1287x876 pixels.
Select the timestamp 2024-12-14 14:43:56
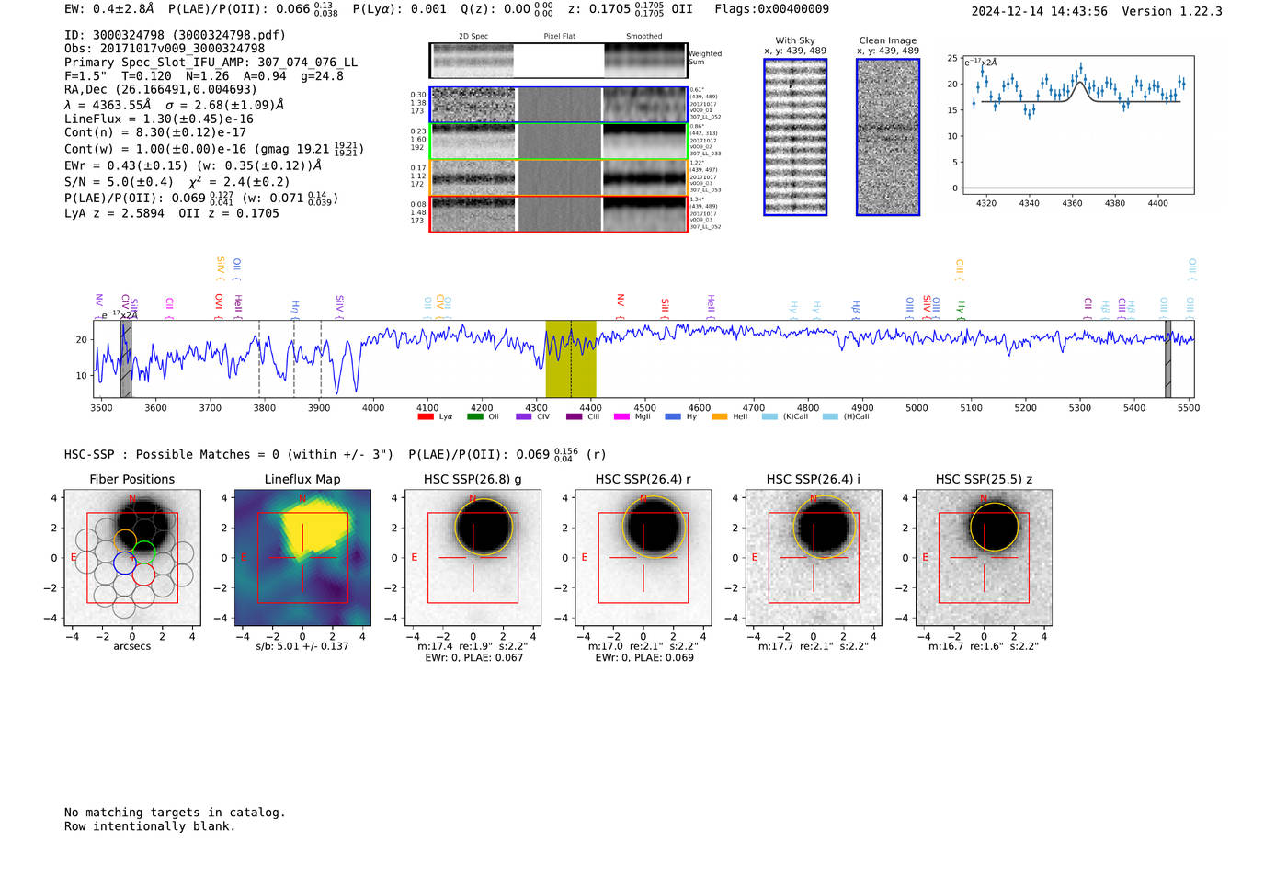1039,11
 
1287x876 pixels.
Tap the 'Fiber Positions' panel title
131,479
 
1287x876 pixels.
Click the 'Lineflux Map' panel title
302,479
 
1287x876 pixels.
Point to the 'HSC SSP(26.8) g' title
473,479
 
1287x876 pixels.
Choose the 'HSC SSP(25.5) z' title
984,479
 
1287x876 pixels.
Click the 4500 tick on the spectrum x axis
644,407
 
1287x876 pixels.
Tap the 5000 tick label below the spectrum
917,407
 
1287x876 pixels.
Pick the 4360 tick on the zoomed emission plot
1072,203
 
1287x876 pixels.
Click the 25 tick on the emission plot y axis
952,58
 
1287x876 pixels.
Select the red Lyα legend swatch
426,416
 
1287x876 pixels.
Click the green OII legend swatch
474,416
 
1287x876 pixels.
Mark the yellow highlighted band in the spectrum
570,358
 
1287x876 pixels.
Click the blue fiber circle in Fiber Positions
124,563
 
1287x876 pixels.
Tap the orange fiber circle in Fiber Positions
125,540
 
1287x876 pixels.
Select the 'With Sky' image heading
795,40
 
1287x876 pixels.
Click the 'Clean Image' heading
887,40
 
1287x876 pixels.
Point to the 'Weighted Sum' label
704,58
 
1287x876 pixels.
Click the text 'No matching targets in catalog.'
175,813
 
